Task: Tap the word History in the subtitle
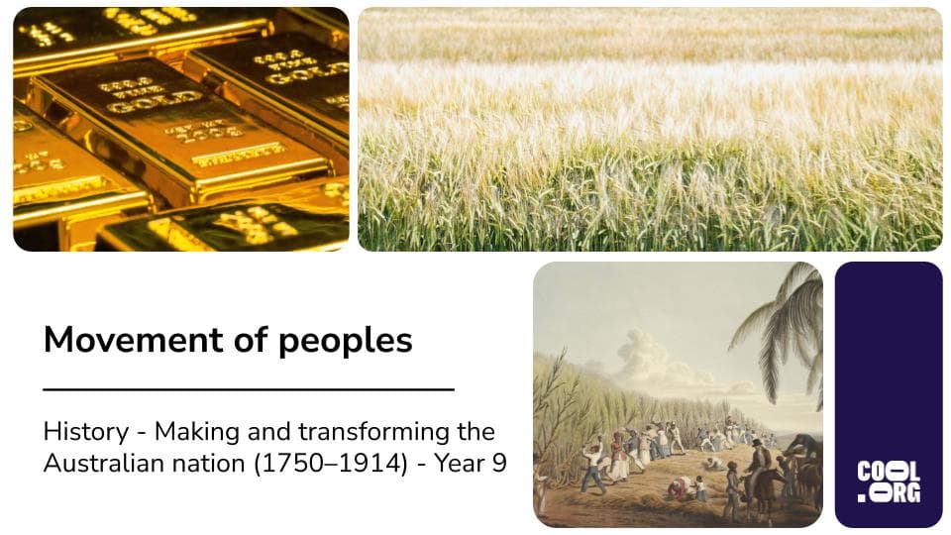[85, 432]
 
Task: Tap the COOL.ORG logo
[888, 481]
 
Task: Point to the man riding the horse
[761, 461]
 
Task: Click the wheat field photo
[649, 129]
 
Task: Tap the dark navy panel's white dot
[862, 496]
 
